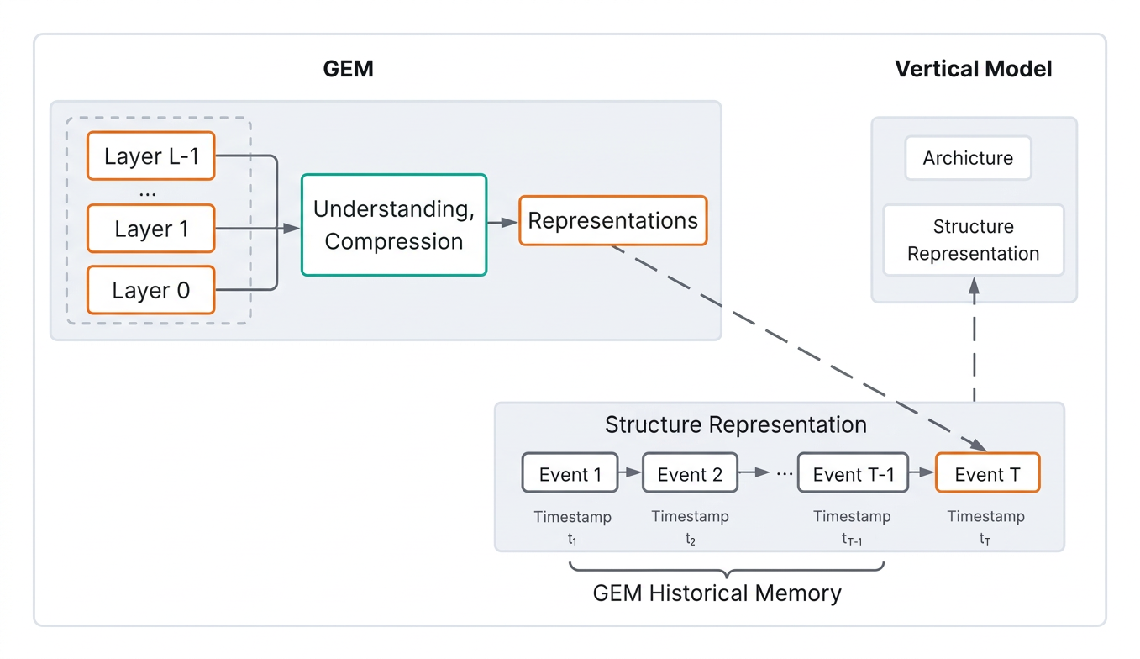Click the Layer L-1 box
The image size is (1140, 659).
point(151,156)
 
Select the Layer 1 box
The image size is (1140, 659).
point(151,229)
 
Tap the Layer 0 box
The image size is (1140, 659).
point(151,290)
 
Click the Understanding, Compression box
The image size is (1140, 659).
point(394,225)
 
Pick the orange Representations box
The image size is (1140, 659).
point(613,221)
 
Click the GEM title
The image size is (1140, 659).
point(349,69)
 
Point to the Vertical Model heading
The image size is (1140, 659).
point(974,69)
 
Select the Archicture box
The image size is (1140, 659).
point(968,158)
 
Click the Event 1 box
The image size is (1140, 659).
point(570,473)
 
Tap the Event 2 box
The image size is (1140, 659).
point(690,473)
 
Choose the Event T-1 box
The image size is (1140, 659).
point(853,473)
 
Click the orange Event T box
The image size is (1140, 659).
point(987,473)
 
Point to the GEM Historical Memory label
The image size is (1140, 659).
point(717,593)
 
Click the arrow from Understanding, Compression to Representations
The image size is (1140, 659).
point(503,223)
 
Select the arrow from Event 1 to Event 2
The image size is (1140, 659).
point(631,472)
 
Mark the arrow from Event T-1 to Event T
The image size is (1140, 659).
point(922,472)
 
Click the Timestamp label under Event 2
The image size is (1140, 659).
point(690,516)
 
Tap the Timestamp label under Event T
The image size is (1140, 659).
point(985,516)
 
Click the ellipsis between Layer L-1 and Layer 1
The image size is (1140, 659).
point(148,194)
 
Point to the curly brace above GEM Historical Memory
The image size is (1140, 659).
point(727,569)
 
